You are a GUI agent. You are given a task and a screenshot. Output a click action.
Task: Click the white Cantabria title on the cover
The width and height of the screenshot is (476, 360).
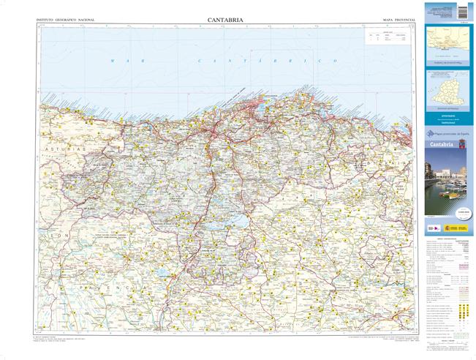[442, 146]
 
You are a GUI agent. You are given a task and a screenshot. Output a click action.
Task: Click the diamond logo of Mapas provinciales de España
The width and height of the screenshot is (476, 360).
[431, 133]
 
